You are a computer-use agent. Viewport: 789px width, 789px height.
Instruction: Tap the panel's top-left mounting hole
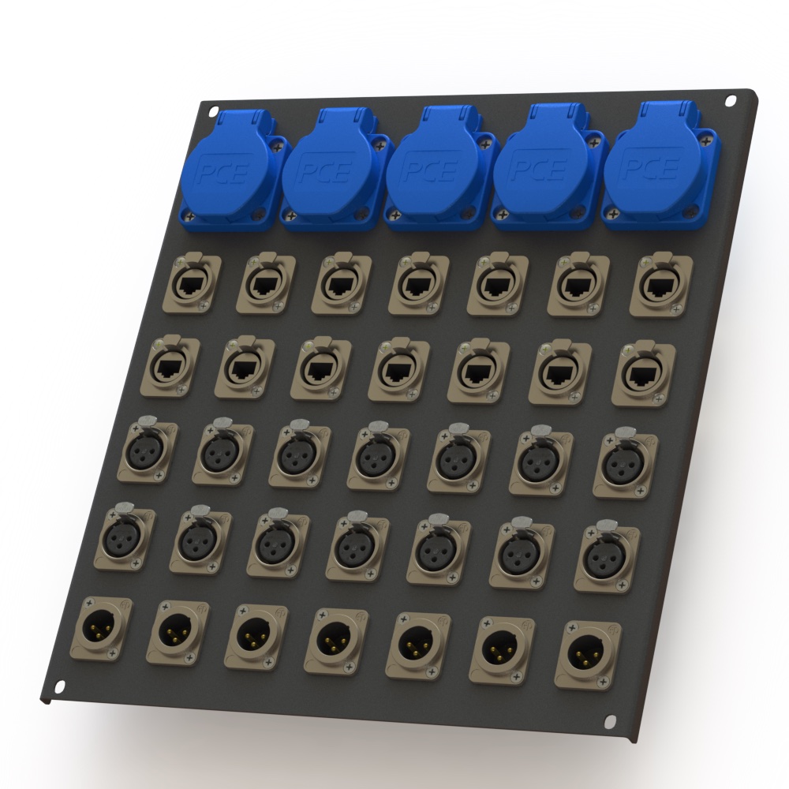213,111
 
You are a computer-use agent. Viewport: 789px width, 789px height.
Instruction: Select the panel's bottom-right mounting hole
610,720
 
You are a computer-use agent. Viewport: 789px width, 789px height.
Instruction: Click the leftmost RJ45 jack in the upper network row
192,284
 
